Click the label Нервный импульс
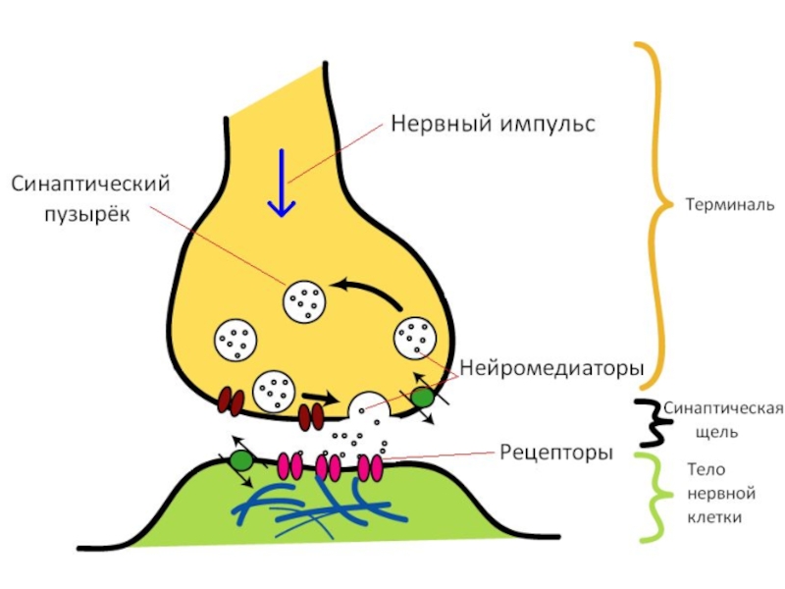pyautogui.click(x=494, y=125)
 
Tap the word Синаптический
pyautogui.click(x=91, y=185)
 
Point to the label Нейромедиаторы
pyautogui.click(x=551, y=370)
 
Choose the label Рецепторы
pyautogui.click(x=556, y=453)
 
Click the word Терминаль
pyautogui.click(x=730, y=206)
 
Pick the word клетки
pyautogui.click(x=714, y=516)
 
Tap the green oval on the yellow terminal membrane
pyautogui.click(x=422, y=398)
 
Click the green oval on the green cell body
pyautogui.click(x=240, y=459)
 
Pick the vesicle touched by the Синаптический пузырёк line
pyautogui.click(x=304, y=299)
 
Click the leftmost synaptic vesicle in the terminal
pyautogui.click(x=236, y=340)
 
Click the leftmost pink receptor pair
pyautogui.click(x=290, y=464)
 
